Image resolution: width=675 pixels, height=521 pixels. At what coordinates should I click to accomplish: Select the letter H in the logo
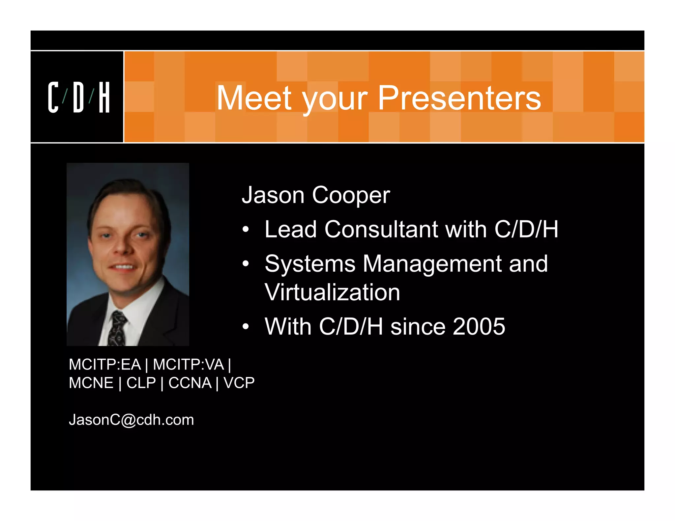point(104,97)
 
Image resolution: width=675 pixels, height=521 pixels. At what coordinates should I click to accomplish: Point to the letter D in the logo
point(78,97)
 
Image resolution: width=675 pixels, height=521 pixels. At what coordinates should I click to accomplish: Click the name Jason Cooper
point(316,195)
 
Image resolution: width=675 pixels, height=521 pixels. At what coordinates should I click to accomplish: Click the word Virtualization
point(332,292)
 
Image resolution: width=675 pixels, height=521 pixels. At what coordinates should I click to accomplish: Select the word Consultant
point(381,229)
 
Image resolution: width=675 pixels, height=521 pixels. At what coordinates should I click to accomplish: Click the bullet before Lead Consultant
point(246,230)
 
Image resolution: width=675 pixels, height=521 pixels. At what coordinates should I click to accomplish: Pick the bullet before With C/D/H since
point(246,327)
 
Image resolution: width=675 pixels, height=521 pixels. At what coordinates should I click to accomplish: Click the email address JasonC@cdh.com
point(131,420)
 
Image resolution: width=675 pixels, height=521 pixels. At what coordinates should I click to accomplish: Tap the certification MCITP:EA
point(105,365)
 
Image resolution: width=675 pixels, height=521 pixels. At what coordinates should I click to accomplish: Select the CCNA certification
point(190,383)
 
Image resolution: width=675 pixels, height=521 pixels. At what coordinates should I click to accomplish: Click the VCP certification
point(239,383)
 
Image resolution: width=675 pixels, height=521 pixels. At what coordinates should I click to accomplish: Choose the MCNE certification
point(91,383)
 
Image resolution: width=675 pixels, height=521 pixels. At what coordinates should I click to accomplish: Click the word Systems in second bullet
point(310,264)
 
